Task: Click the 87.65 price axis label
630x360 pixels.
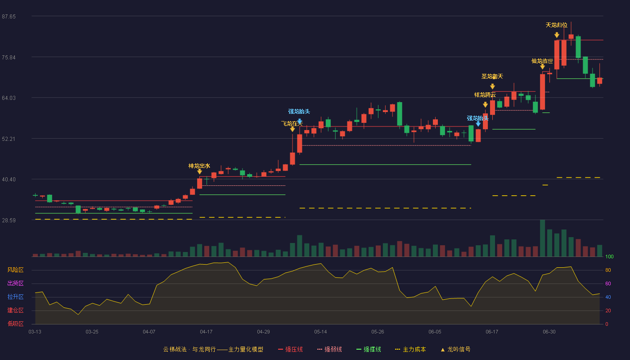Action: pyautogui.click(x=9, y=17)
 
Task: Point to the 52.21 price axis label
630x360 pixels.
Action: pyautogui.click(x=9, y=139)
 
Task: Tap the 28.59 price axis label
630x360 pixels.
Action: pyautogui.click(x=9, y=220)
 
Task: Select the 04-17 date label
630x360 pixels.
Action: pyautogui.click(x=206, y=332)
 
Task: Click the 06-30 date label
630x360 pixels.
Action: pyautogui.click(x=549, y=332)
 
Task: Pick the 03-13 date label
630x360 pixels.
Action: pyautogui.click(x=35, y=332)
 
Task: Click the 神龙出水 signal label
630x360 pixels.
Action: pyautogui.click(x=199, y=166)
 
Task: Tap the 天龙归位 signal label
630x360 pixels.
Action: pyautogui.click(x=557, y=25)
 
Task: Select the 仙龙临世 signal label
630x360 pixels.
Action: pyautogui.click(x=542, y=61)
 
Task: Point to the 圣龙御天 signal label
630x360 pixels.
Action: pyautogui.click(x=492, y=76)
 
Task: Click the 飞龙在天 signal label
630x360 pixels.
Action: pyautogui.click(x=292, y=124)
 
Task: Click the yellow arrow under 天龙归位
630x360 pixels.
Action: pyautogui.click(x=557, y=35)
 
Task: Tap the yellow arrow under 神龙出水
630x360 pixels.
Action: pyautogui.click(x=199, y=171)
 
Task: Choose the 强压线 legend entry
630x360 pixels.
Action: pyautogui.click(x=290, y=349)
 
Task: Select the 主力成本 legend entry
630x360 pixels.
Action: pyautogui.click(x=410, y=349)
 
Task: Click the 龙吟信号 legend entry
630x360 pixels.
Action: pyautogui.click(x=455, y=349)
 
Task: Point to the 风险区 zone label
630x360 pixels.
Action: pyautogui.click(x=15, y=270)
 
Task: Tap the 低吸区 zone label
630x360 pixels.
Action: pyautogui.click(x=15, y=324)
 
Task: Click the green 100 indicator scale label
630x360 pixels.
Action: pyautogui.click(x=609, y=256)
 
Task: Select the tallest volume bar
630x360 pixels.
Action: pyautogui.click(x=543, y=238)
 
